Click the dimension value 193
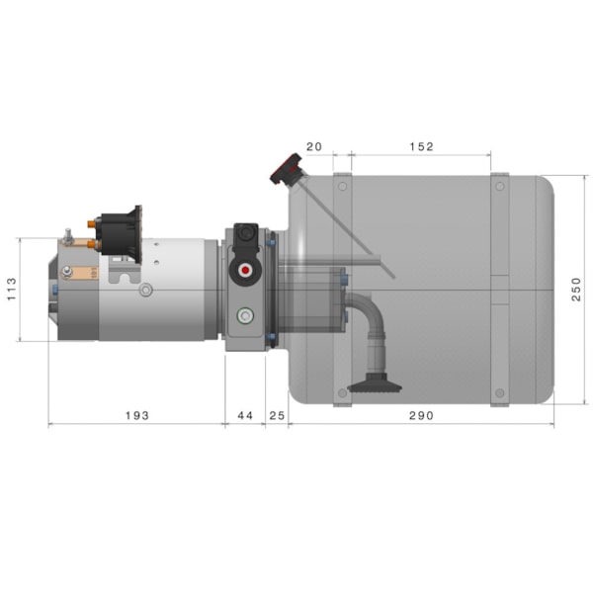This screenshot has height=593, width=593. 136,416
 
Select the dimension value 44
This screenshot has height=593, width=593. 245,416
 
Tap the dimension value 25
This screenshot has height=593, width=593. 277,416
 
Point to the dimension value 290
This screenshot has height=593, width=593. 421,416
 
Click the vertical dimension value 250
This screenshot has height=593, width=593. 576,289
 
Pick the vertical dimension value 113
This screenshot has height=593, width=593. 12,289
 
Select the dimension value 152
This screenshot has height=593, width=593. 420,146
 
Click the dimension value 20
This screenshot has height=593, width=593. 314,146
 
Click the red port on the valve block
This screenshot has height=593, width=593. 244,271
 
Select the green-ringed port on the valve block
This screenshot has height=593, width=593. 244,316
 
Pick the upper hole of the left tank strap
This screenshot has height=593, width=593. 342,185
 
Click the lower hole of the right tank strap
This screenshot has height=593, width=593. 500,393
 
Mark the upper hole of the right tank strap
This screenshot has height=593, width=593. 500,185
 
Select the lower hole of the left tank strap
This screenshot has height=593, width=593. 342,393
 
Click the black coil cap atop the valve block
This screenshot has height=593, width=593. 247,235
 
